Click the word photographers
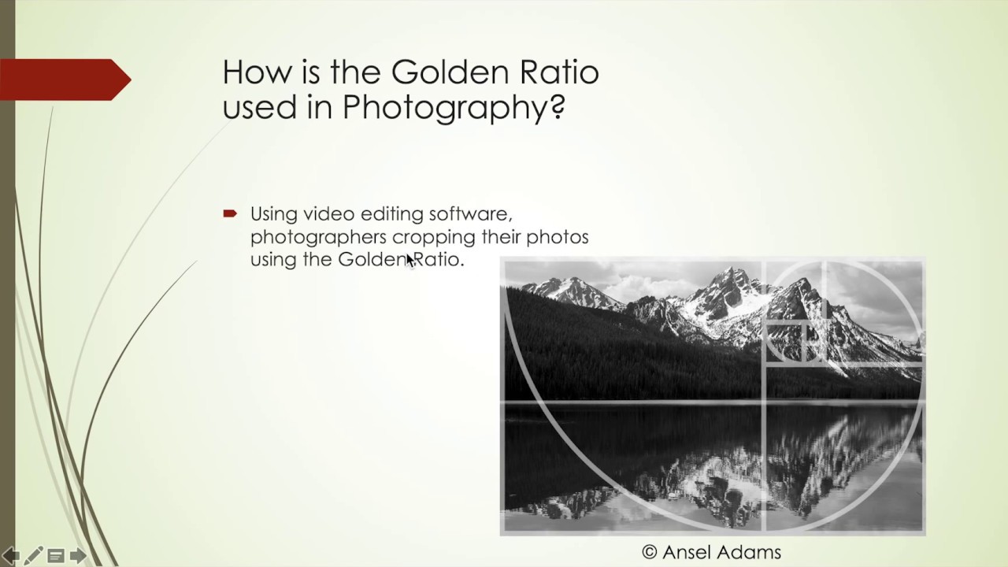click(x=318, y=237)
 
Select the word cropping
click(x=431, y=237)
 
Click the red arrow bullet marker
click(x=230, y=213)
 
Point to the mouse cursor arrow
click(x=409, y=260)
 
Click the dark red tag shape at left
click(x=63, y=80)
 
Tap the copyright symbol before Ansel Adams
click(x=650, y=552)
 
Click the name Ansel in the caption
click(x=691, y=552)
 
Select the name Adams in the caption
click(x=752, y=552)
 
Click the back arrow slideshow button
click(x=11, y=556)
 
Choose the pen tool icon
click(x=34, y=556)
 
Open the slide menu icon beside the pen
click(x=56, y=556)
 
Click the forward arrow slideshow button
click(x=78, y=556)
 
